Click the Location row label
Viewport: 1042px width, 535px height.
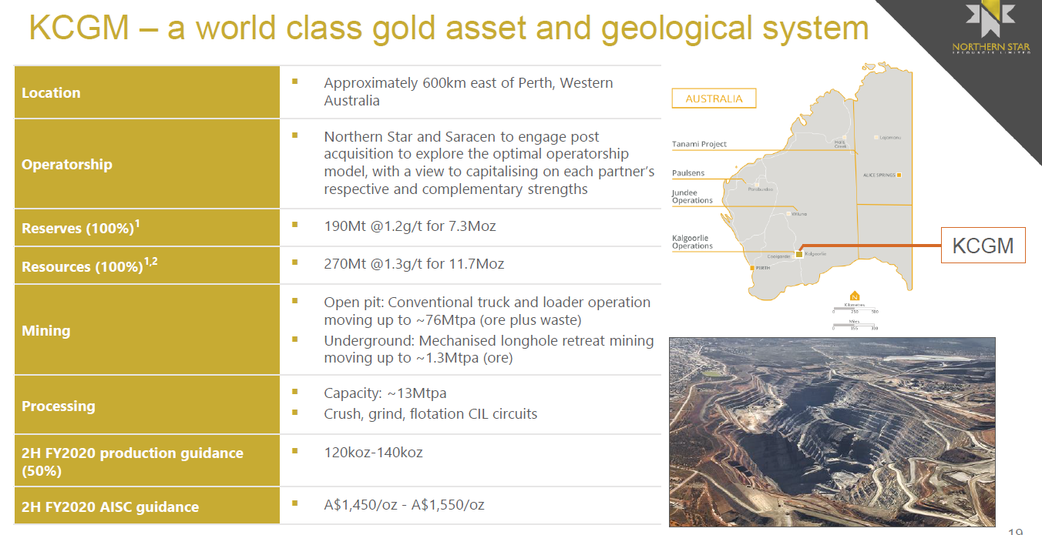(51, 93)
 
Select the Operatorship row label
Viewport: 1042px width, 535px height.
(67, 165)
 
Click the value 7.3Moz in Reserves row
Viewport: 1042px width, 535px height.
(474, 227)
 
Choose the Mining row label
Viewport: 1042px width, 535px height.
(46, 331)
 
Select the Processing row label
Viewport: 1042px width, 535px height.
(59, 406)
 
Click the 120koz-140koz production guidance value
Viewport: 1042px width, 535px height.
(373, 453)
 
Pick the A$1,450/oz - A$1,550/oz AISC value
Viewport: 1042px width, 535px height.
(404, 505)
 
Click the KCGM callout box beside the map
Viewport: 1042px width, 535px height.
(983, 246)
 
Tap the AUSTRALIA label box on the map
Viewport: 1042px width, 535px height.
(714, 99)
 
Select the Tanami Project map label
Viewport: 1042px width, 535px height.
(700, 144)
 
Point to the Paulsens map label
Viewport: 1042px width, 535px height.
(688, 173)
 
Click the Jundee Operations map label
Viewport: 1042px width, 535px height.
(692, 196)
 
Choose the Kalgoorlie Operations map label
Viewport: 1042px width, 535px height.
(692, 242)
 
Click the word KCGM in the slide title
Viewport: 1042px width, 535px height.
(79, 29)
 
